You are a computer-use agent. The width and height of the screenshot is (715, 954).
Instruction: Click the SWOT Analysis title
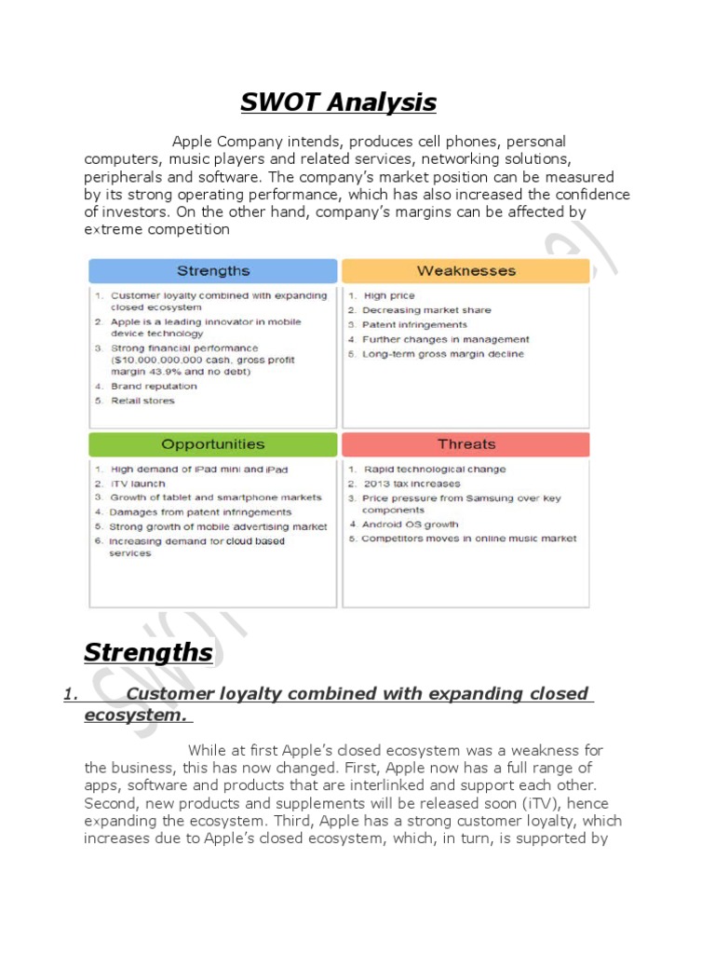tap(338, 102)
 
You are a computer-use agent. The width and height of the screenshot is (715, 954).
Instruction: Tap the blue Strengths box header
tap(213, 271)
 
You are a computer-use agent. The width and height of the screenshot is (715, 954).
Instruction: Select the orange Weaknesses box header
tap(465, 271)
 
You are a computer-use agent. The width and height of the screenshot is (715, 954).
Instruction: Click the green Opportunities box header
tap(213, 444)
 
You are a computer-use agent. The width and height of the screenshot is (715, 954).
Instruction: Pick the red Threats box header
tap(465, 444)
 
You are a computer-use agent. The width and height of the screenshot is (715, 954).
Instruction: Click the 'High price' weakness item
tap(389, 295)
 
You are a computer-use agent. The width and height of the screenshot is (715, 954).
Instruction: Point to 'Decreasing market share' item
tap(426, 310)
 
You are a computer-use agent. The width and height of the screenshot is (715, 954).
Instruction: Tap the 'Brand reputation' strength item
tap(154, 386)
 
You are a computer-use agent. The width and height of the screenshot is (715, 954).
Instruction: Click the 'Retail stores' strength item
tap(142, 401)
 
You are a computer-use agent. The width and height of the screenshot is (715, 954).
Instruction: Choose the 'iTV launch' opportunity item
tap(138, 484)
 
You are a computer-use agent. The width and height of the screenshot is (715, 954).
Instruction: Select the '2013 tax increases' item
tap(411, 484)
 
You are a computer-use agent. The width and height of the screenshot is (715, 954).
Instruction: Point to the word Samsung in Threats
tap(494, 498)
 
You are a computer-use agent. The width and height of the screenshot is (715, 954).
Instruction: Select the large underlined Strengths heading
tap(148, 653)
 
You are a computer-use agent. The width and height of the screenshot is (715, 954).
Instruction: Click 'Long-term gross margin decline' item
tap(442, 354)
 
